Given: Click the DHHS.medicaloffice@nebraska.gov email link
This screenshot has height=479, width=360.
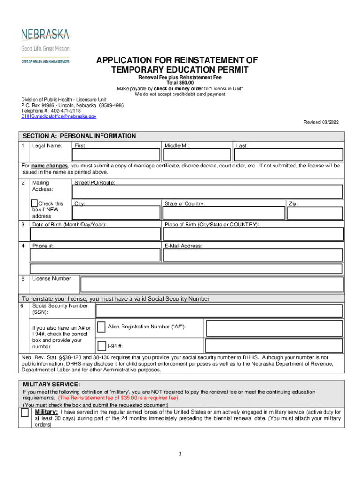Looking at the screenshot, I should [x=58, y=116].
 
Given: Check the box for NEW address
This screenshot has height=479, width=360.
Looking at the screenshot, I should [x=35, y=203].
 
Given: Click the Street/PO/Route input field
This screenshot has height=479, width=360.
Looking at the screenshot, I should [x=208, y=191].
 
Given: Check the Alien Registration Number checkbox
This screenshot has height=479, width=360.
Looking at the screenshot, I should [x=101, y=327].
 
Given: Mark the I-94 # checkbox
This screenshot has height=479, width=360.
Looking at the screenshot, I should [x=101, y=346].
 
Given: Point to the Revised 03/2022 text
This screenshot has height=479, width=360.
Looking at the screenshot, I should [x=321, y=122].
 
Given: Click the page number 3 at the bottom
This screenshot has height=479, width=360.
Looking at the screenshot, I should [x=180, y=454].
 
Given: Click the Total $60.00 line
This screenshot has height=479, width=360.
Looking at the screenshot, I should [x=180, y=83].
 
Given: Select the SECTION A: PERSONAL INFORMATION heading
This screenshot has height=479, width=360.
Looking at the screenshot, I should [x=79, y=136].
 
